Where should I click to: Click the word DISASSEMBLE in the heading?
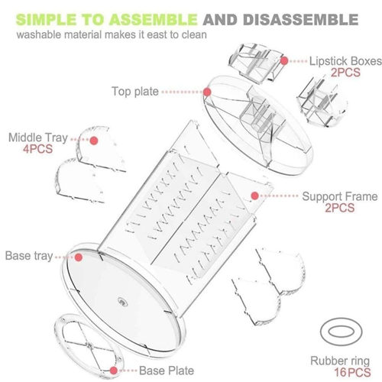pyautogui.click(x=301, y=19)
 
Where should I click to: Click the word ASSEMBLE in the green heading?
pyautogui.click(x=154, y=19)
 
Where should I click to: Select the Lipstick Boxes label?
pyautogui.click(x=345, y=61)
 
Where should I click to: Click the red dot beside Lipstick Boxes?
pyautogui.click(x=284, y=61)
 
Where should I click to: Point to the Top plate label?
pyautogui.click(x=135, y=92)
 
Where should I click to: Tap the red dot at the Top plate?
pyautogui.click(x=207, y=92)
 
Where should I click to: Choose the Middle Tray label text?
pyautogui.click(x=38, y=138)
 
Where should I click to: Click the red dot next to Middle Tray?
pyautogui.click(x=94, y=141)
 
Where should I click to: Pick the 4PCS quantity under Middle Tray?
pyautogui.click(x=37, y=149)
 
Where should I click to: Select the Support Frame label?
pyautogui.click(x=340, y=196)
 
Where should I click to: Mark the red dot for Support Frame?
pyautogui.click(x=254, y=196)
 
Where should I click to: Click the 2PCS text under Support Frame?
pyautogui.click(x=340, y=208)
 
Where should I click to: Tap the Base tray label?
pyautogui.click(x=29, y=256)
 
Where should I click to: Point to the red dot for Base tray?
pyautogui.click(x=79, y=257)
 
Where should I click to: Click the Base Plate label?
pyautogui.click(x=167, y=371)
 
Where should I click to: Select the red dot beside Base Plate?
pyautogui.click(x=114, y=371)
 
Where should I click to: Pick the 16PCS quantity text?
pyautogui.click(x=352, y=372)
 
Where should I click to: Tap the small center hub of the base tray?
pyautogui.click(x=123, y=303)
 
